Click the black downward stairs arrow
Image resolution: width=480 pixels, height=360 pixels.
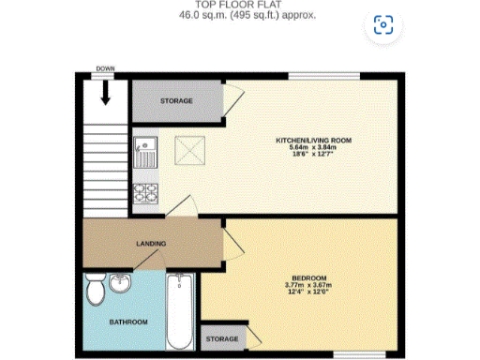coord(104,92)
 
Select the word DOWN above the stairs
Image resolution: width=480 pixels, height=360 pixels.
coord(104,69)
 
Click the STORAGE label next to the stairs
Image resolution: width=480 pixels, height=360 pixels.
coord(175,100)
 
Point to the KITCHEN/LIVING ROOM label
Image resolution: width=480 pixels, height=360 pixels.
coord(312,140)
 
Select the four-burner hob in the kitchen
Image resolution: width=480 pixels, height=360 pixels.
coord(146,195)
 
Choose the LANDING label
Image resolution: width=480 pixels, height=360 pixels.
coord(151,244)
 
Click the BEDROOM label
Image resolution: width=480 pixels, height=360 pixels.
coord(308,277)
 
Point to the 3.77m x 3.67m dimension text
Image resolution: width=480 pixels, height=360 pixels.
coord(308,285)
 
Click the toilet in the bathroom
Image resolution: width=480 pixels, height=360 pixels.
coord(94,292)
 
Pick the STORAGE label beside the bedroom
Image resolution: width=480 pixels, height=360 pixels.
coord(221,337)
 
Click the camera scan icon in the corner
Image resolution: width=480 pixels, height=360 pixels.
coord(382,25)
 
